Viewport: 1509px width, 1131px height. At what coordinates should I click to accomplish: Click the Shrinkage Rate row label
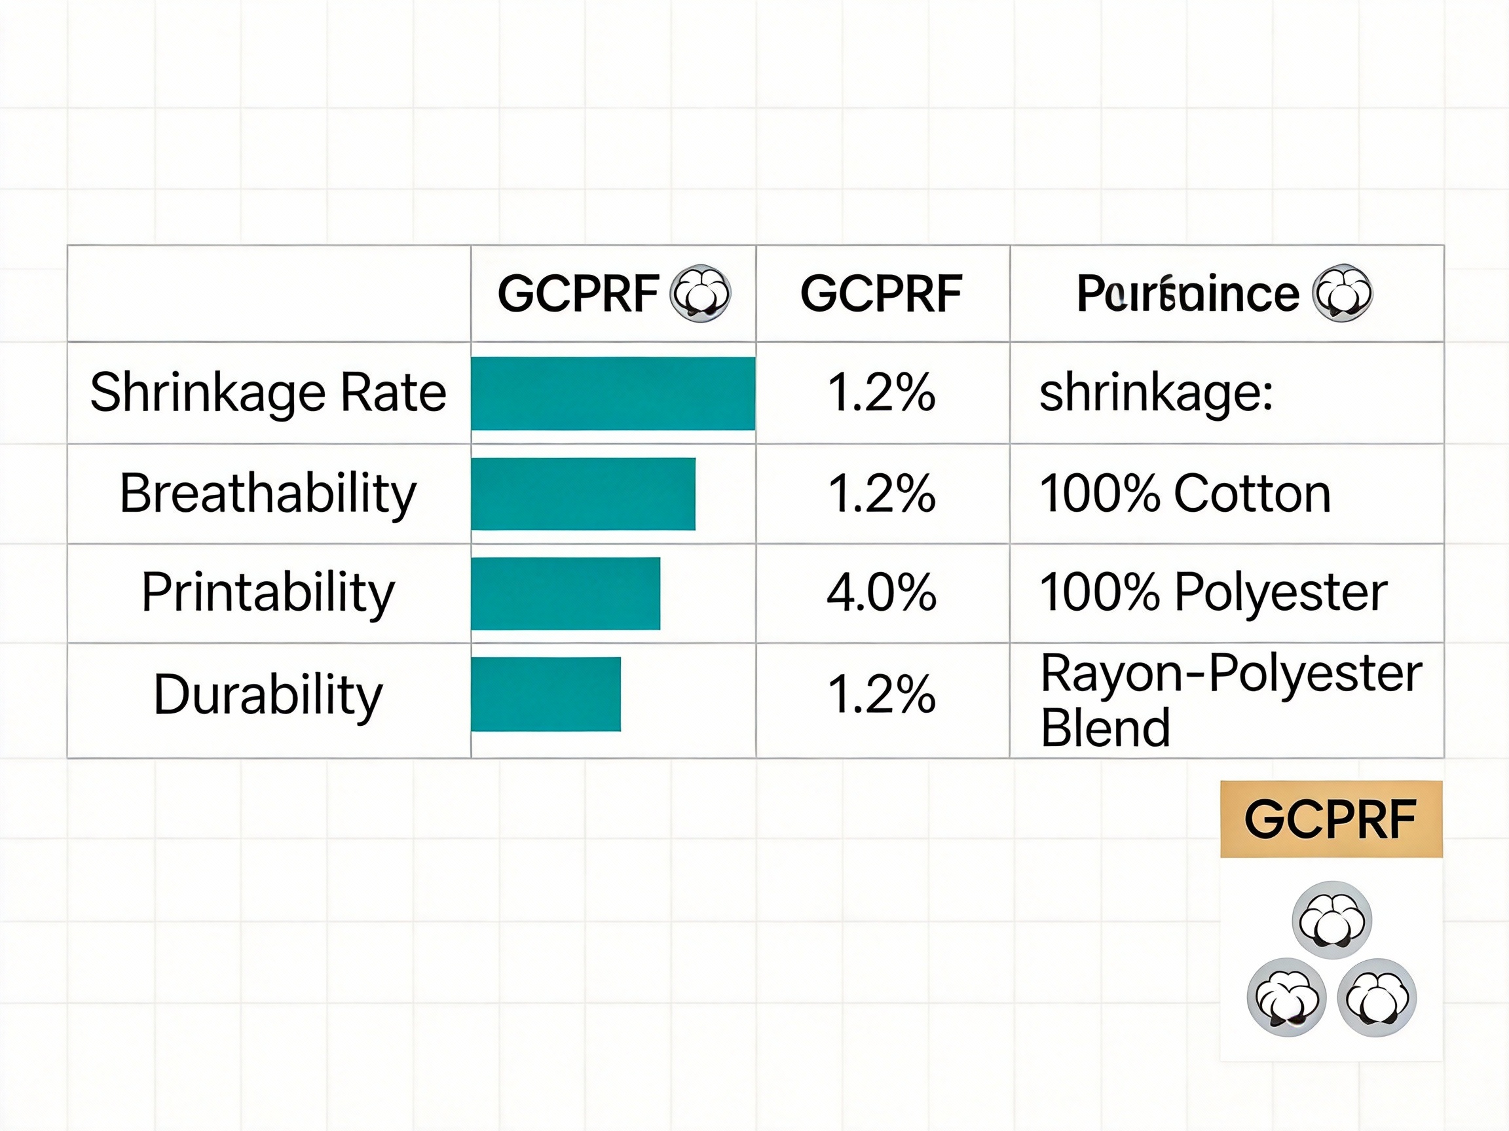[x=268, y=393]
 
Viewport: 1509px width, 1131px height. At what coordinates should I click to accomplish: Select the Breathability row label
[x=268, y=494]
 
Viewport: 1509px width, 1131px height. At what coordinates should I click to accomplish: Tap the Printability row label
[x=268, y=592]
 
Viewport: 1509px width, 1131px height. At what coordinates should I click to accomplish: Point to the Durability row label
[x=268, y=694]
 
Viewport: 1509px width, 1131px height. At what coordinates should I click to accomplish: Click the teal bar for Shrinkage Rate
[x=612, y=393]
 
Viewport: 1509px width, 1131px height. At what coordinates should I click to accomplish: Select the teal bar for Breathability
[x=584, y=494]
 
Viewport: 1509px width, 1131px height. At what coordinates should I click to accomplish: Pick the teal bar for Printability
[x=565, y=593]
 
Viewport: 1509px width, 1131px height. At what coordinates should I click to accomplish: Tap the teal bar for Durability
[x=546, y=694]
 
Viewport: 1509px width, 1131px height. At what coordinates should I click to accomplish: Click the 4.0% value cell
[x=882, y=592]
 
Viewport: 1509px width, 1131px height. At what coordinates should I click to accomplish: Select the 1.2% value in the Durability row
[x=882, y=694]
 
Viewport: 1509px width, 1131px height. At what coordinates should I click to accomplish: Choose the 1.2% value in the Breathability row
[x=882, y=494]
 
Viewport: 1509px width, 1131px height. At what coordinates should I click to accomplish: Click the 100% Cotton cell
[x=1185, y=494]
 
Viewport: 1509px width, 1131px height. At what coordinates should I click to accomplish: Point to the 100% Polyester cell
[x=1213, y=592]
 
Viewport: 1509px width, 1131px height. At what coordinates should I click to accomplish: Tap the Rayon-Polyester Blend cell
[x=1231, y=700]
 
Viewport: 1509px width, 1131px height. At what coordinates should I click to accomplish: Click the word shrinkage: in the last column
[x=1155, y=393]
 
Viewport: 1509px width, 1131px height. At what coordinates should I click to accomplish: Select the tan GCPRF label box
[x=1331, y=819]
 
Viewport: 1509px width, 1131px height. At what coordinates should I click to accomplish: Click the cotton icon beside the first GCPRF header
[x=701, y=293]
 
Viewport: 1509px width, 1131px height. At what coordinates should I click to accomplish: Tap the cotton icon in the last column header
[x=1343, y=293]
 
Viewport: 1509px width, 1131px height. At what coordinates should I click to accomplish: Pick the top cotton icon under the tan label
[x=1332, y=920]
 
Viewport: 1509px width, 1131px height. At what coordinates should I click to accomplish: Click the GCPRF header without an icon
[x=882, y=293]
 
